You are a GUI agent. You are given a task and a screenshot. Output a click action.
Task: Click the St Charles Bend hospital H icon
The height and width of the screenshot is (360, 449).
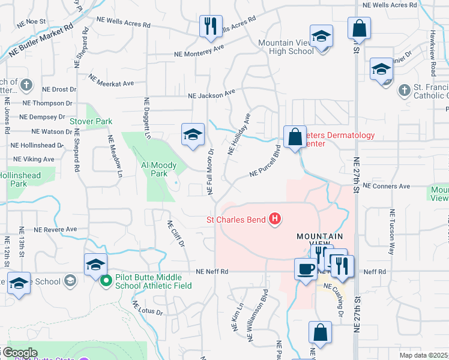274,220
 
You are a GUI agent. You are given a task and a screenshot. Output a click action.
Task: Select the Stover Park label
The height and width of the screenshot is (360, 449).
91,121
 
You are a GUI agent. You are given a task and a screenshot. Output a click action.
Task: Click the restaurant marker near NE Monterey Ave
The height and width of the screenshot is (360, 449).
210,26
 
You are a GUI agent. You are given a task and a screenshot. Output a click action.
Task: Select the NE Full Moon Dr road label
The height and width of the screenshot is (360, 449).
211,171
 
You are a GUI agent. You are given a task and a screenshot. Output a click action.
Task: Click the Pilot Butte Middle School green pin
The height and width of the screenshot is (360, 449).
106,280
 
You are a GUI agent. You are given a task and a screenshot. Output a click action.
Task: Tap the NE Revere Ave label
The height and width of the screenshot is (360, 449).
56,229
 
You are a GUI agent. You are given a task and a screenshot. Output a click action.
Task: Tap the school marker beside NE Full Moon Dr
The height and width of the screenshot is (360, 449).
193,135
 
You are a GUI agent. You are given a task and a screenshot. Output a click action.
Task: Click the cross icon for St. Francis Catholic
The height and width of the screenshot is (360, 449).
404,91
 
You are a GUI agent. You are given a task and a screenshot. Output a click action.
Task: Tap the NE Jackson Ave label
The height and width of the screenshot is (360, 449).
211,94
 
